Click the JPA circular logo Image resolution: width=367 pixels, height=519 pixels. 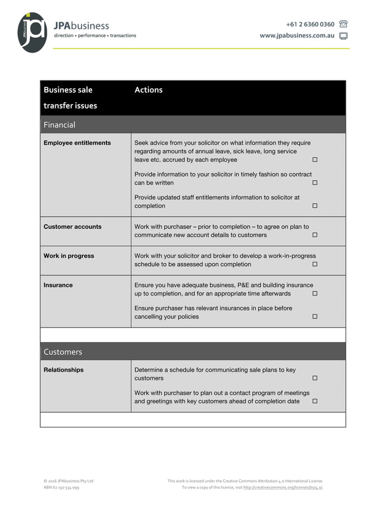[x=32, y=32]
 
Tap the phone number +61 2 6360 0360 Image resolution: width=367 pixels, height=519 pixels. [x=310, y=24]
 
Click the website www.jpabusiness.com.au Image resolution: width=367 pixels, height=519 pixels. [x=297, y=36]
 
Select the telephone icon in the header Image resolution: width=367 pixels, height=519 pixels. [x=343, y=24]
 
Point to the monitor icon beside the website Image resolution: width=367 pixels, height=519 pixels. [x=343, y=36]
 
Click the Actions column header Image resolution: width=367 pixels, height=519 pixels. [x=148, y=90]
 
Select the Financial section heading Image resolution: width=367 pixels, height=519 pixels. [x=59, y=125]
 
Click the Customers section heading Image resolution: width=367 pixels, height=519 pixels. [x=63, y=352]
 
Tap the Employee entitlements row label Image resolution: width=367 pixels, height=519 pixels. [x=77, y=143]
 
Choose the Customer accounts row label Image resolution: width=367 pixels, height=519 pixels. [x=72, y=226]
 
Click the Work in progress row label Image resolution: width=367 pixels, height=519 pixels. [x=69, y=256]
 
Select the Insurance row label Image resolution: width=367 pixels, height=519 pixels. [x=58, y=285]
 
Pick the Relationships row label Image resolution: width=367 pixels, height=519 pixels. [x=63, y=370]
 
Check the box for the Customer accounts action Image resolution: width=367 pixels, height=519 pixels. [x=315, y=235]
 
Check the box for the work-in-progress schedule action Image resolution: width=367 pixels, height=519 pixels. [x=315, y=264]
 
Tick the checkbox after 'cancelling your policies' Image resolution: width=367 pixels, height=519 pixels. [x=315, y=317]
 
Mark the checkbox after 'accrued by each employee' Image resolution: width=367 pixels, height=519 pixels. [x=315, y=160]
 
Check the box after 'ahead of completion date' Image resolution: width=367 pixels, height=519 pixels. [x=315, y=401]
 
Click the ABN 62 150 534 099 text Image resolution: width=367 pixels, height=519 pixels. [x=62, y=487]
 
